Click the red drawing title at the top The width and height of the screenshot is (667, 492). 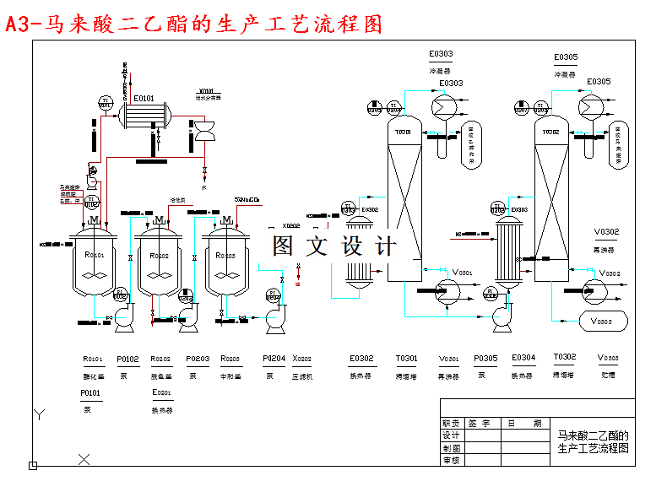click(x=193, y=24)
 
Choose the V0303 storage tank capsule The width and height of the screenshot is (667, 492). click(x=601, y=322)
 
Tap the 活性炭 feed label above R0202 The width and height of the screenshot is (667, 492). click(x=178, y=200)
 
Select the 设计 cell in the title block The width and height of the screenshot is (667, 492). click(x=452, y=435)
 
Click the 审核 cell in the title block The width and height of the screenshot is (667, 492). click(x=452, y=461)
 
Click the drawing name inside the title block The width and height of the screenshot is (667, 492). click(x=594, y=442)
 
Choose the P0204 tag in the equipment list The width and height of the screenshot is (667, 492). click(x=274, y=358)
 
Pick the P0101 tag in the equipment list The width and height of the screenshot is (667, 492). click(x=91, y=393)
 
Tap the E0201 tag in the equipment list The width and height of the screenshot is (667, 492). click(x=162, y=393)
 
